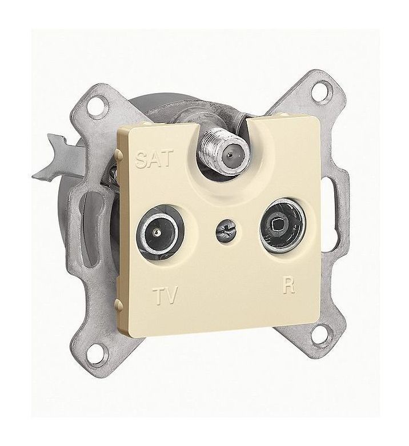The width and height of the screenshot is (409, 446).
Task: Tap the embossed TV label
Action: [x=165, y=296]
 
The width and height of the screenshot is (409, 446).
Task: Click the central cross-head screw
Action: [x=226, y=229]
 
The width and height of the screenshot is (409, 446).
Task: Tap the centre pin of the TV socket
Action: [x=156, y=233]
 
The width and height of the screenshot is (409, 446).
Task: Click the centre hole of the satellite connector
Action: [x=230, y=155]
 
